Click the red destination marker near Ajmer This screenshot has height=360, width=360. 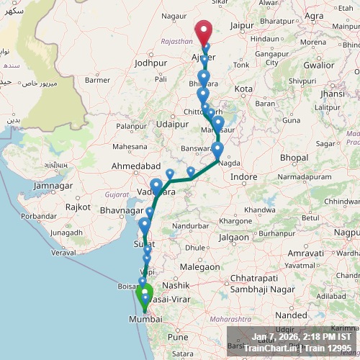pyautogui.click(x=204, y=32)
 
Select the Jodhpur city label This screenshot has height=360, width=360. pyautogui.click(x=150, y=63)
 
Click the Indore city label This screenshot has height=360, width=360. pyautogui.click(x=243, y=176)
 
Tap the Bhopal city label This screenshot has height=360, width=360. pyautogui.click(x=294, y=157)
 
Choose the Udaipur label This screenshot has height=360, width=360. pyautogui.click(x=171, y=124)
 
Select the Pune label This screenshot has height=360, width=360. pyautogui.click(x=177, y=336)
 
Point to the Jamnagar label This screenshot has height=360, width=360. pyautogui.click(x=53, y=186)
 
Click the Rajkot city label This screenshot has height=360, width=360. pyautogui.click(x=78, y=207)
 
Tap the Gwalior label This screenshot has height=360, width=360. pyautogui.click(x=319, y=64)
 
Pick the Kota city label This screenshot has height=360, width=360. pyautogui.click(x=244, y=89)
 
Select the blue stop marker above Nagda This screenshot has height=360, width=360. pyautogui.click(x=217, y=150)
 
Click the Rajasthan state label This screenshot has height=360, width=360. pyautogui.click(x=177, y=42)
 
